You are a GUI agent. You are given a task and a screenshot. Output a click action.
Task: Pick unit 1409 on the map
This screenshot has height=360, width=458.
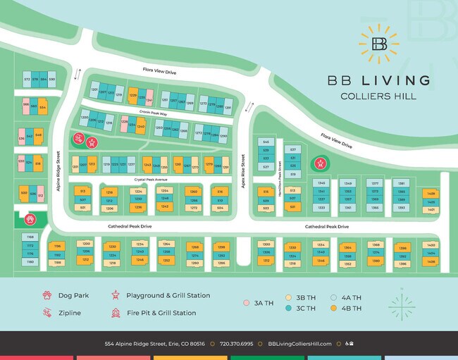tap(431, 193)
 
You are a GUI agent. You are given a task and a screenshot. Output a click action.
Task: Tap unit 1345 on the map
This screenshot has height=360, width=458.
tap(321, 182)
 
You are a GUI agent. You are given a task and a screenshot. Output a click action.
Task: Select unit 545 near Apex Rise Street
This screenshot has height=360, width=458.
tap(266, 142)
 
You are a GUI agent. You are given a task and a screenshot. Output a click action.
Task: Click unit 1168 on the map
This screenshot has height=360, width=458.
tap(30, 237)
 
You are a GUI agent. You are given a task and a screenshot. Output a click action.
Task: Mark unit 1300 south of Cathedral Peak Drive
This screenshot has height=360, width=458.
tap(266, 244)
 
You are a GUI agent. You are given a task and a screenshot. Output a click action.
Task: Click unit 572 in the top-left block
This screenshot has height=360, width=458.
tap(27, 80)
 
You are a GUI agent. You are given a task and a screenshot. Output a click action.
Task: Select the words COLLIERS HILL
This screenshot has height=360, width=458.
tap(378, 96)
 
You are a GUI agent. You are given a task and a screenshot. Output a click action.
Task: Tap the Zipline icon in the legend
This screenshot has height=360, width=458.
tap(47, 312)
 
